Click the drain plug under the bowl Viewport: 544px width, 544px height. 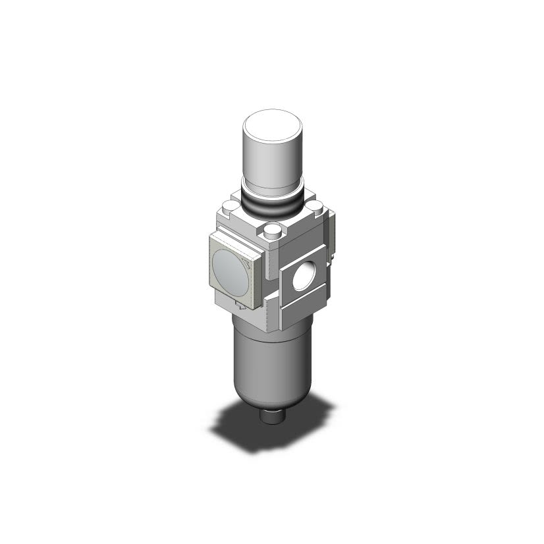[271, 416]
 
